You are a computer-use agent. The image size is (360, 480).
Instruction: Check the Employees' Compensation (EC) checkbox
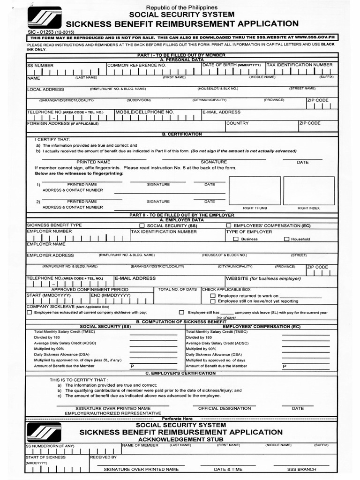point(228,225)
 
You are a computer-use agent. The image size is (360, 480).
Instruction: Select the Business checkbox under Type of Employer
point(236,239)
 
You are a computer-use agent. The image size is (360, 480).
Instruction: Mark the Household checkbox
point(286,239)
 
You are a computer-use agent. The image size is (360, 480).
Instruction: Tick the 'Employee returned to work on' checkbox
point(213,296)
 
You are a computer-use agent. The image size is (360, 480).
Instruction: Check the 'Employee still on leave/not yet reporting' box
point(213,301)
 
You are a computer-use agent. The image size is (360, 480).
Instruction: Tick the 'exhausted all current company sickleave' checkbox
point(30,312)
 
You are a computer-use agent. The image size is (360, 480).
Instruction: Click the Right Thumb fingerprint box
point(255,191)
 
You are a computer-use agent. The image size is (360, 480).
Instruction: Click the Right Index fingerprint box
point(308,191)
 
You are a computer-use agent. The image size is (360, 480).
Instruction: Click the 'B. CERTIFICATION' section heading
point(182,134)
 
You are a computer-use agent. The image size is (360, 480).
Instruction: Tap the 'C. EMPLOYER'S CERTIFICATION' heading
point(181,373)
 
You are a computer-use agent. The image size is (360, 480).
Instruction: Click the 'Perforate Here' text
point(177,418)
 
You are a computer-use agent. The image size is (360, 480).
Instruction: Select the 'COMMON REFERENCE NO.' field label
point(136,65)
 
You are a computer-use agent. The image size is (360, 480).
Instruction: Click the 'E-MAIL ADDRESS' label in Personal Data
point(221,112)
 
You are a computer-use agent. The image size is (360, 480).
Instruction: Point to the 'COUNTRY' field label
point(237,123)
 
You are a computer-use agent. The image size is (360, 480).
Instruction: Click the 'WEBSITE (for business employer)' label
point(263,278)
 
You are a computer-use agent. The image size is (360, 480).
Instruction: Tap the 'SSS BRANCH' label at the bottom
point(301,469)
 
